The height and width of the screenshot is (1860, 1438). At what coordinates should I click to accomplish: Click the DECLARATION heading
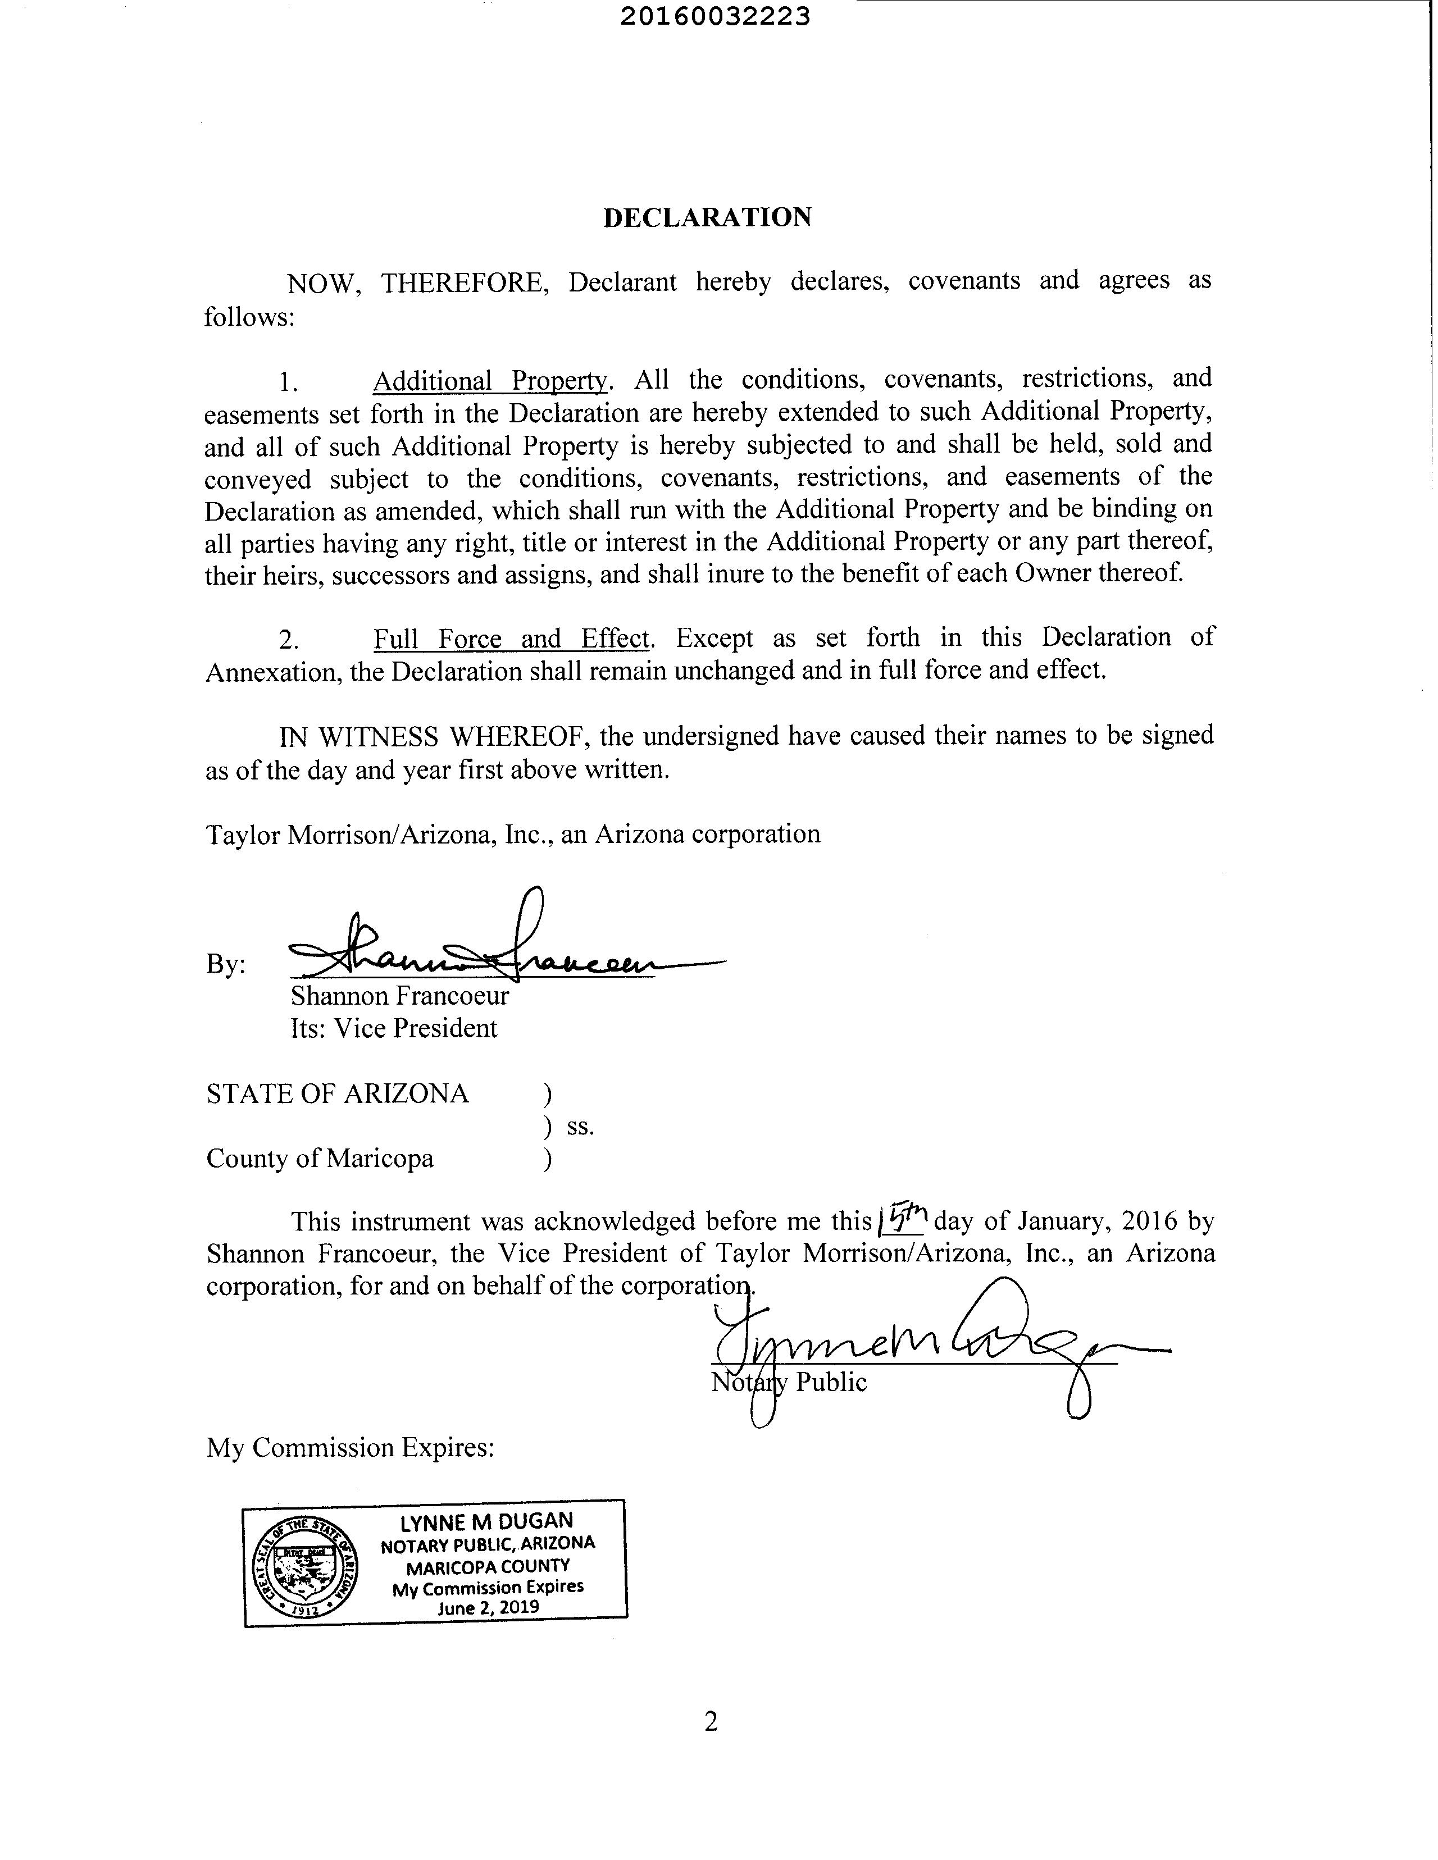tap(707, 218)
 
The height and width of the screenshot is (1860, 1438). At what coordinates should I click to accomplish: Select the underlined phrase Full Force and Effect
tap(511, 639)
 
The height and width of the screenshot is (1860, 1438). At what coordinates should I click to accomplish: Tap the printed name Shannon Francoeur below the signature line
tap(399, 996)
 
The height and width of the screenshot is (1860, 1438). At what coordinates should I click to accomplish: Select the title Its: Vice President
tap(394, 1029)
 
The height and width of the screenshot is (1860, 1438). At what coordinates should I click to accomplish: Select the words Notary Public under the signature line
tap(789, 1382)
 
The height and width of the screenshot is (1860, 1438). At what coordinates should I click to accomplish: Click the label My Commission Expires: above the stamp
tap(350, 1448)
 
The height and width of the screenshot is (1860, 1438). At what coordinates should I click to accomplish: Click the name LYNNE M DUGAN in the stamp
tap(486, 1522)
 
